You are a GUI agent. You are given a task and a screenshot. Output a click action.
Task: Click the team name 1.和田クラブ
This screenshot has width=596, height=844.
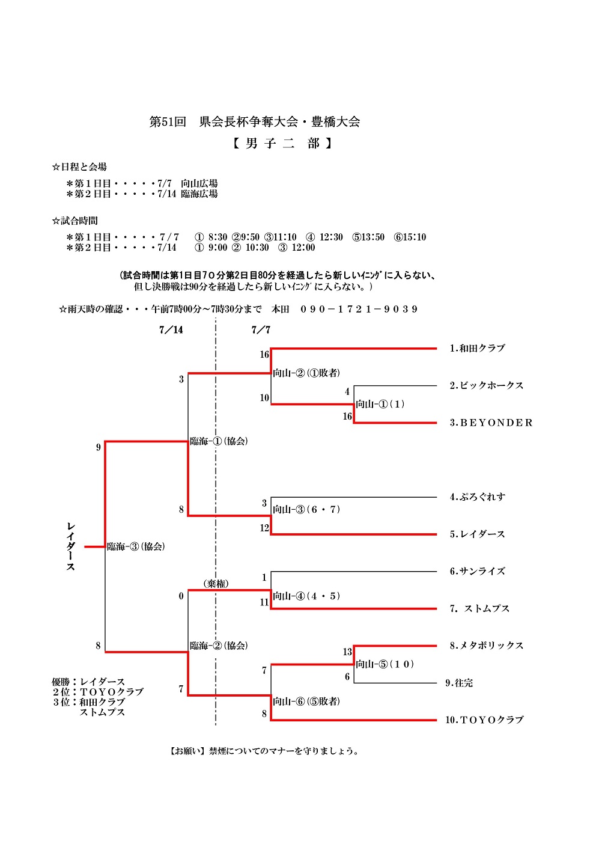477,348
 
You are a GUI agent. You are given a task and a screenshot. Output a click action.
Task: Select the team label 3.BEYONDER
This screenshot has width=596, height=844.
491,423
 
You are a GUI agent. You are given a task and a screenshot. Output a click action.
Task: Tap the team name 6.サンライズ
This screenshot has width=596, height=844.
477,571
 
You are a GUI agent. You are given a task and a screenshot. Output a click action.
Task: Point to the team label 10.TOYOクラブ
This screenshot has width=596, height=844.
484,720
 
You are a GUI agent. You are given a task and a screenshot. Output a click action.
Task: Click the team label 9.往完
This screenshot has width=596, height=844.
459,683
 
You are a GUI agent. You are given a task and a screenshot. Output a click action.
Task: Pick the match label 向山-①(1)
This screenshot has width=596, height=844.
380,404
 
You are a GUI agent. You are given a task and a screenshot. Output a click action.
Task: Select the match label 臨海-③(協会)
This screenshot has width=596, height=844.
136,546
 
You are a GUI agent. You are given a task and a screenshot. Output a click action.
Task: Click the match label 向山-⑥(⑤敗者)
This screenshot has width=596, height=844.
306,702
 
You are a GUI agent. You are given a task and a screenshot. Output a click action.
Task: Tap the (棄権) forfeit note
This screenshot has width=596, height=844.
216,584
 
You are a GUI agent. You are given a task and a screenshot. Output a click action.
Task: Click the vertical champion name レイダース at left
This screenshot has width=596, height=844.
71,546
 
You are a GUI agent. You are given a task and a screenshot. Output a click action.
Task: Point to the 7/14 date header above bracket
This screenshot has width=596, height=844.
171,329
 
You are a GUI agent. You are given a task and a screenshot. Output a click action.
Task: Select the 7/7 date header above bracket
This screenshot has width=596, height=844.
261,329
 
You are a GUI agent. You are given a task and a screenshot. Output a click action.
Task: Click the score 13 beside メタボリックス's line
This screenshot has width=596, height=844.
347,652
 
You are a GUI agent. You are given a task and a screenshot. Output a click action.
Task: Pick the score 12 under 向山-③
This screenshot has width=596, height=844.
264,528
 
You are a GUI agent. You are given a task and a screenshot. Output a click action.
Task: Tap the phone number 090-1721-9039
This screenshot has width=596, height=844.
359,309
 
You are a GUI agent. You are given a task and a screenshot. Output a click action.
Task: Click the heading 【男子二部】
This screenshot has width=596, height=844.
282,143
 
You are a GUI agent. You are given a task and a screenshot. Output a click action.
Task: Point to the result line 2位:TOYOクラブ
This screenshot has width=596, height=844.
98,692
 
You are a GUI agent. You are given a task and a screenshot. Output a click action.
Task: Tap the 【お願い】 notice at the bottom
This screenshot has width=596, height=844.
264,751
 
